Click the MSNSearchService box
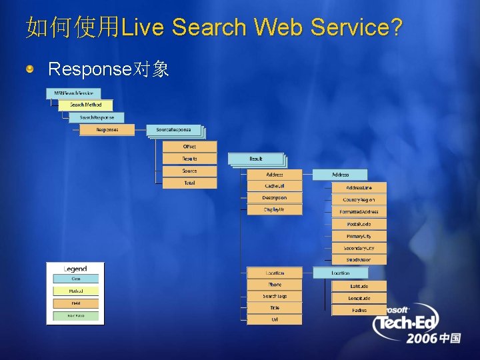[73, 93]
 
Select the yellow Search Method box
[85, 105]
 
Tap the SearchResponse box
[96, 117]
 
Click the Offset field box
[189, 147]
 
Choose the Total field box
[189, 183]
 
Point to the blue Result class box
[256, 159]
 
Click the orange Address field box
[274, 175]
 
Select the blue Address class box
[340, 175]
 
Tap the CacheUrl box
[274, 186]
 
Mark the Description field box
[274, 198]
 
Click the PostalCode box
[359, 224]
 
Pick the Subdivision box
[359, 260]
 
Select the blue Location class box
[340, 273]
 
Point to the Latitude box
[359, 286]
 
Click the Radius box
[359, 310]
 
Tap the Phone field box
[274, 285]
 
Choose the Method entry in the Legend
[75, 291]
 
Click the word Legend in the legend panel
[75, 269]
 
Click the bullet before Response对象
[31, 69]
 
